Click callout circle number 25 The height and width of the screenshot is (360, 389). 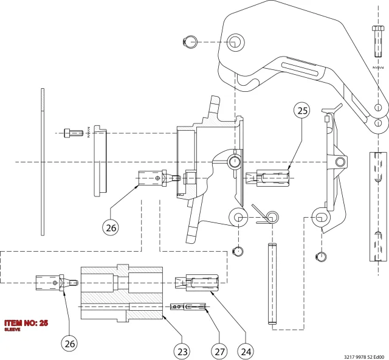[302, 111]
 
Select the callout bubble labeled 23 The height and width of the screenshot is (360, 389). [182, 351]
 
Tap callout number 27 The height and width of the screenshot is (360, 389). [219, 351]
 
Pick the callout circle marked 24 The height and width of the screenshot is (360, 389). [246, 351]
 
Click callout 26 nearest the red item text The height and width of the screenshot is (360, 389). [69, 344]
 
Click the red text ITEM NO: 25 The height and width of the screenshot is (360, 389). [26, 323]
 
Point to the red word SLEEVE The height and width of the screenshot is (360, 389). [12, 330]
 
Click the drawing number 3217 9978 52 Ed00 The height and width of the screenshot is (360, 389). [364, 357]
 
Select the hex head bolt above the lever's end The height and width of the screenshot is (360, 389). [378, 41]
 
